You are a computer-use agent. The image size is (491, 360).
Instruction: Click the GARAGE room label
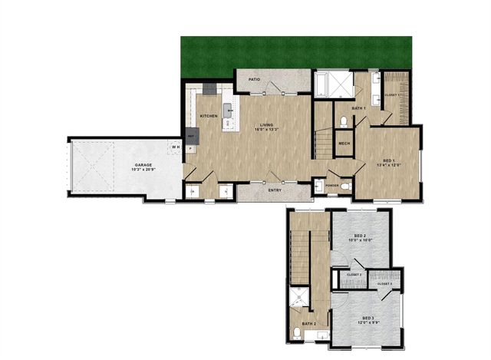[x=143, y=164]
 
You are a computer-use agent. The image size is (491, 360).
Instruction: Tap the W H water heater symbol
[x=176, y=147]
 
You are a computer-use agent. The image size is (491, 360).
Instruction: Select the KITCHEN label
[x=209, y=116]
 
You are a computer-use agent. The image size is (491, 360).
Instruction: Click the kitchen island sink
[x=227, y=107]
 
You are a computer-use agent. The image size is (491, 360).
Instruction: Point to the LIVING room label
[x=267, y=124]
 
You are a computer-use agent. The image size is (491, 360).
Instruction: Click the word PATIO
[x=254, y=80]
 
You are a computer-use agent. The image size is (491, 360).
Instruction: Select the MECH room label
[x=344, y=144]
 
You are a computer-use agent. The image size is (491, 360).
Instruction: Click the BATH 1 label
[x=359, y=108]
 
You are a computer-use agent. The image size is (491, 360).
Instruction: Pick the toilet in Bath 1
[x=342, y=122]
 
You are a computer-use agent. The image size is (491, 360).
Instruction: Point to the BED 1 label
[x=385, y=160]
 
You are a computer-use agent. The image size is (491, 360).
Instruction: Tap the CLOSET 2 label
[x=354, y=274]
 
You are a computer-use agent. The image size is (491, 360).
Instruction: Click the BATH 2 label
[x=308, y=325]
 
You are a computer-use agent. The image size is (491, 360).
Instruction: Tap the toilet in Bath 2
[x=298, y=333]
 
